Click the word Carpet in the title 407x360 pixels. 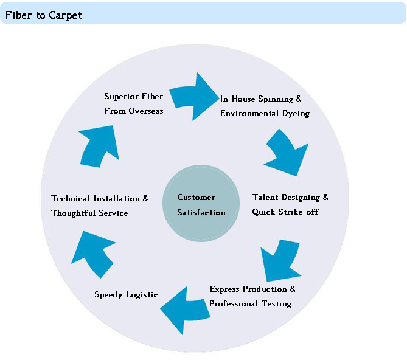65,16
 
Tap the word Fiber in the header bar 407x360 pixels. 18,15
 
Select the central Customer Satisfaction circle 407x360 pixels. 201,204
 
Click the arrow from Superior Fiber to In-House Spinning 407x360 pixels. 193,97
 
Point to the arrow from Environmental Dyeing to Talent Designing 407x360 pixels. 287,153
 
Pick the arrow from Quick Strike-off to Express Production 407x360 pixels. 280,261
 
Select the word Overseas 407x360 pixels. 146,111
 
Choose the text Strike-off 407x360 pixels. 298,212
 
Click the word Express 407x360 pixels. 224,289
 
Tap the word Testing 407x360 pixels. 276,303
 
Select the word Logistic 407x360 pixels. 142,295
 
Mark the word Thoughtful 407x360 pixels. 73,213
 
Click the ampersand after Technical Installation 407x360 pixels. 145,198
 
